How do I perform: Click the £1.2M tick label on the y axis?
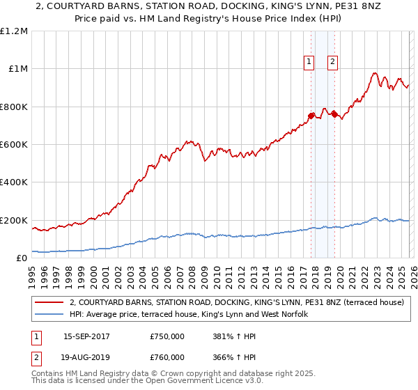click(14, 31)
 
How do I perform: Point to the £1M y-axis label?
click(17, 69)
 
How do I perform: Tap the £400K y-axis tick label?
click(13, 182)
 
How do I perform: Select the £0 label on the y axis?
click(22, 258)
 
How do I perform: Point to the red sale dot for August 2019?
click(334, 114)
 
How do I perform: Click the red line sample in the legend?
click(49, 303)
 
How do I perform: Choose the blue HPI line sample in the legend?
click(49, 315)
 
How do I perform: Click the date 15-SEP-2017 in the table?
click(88, 336)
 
